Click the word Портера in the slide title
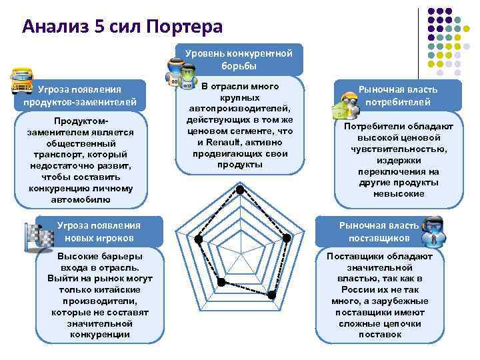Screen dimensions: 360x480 [181, 27]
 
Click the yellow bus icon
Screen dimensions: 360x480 [21, 81]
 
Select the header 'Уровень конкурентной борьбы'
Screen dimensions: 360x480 [239, 59]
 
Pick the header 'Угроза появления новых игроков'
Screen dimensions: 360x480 [99, 231]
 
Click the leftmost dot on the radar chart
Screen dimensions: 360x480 [198, 239]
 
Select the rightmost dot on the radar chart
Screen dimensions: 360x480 [287, 238]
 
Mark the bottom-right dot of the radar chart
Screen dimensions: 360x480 [272, 294]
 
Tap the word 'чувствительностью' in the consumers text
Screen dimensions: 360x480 [399, 148]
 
